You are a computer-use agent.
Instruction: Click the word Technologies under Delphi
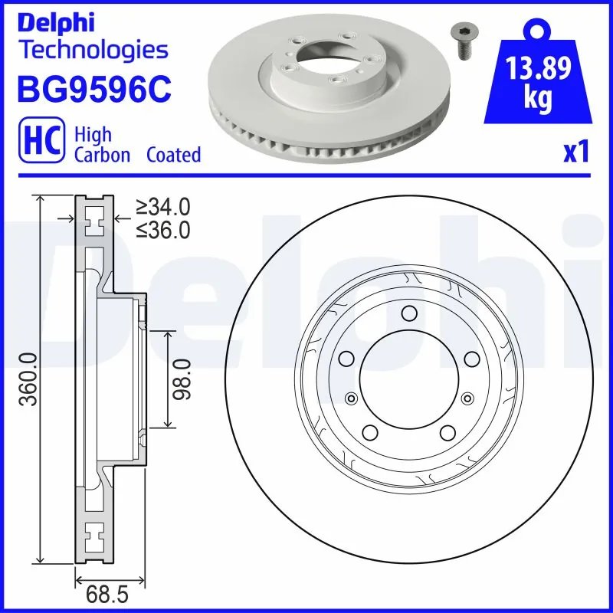(93, 51)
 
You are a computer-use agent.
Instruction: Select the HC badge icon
(40, 143)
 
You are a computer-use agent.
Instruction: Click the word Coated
(173, 154)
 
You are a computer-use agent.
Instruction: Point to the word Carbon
(103, 154)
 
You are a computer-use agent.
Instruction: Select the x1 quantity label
(576, 152)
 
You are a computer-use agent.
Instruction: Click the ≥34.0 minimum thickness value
(162, 207)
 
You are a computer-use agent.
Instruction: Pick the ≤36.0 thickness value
(162, 229)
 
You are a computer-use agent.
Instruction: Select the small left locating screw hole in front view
(352, 397)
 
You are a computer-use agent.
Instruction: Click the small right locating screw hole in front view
(466, 397)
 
